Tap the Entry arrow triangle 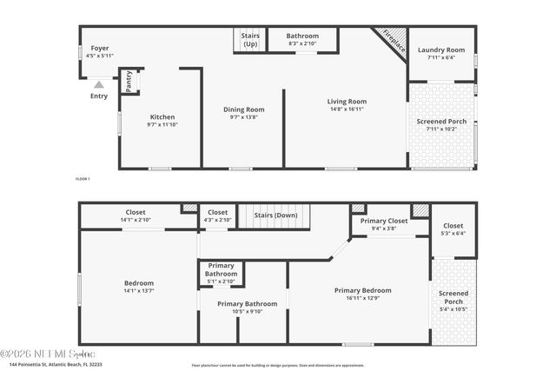tap(99, 85)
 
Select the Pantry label tap(129, 82)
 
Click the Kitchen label tap(162, 117)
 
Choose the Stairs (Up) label tap(249, 40)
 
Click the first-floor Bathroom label tap(303, 36)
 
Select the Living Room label tap(347, 102)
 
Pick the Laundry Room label tap(442, 50)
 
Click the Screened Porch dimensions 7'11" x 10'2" tap(442, 129)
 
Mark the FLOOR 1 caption tap(83, 178)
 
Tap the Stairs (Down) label tap(275, 215)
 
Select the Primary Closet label tap(385, 221)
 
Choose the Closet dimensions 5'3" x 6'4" tap(453, 233)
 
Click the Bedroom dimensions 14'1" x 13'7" tap(138, 291)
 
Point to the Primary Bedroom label tap(362, 290)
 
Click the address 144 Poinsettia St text tap(54, 365)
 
